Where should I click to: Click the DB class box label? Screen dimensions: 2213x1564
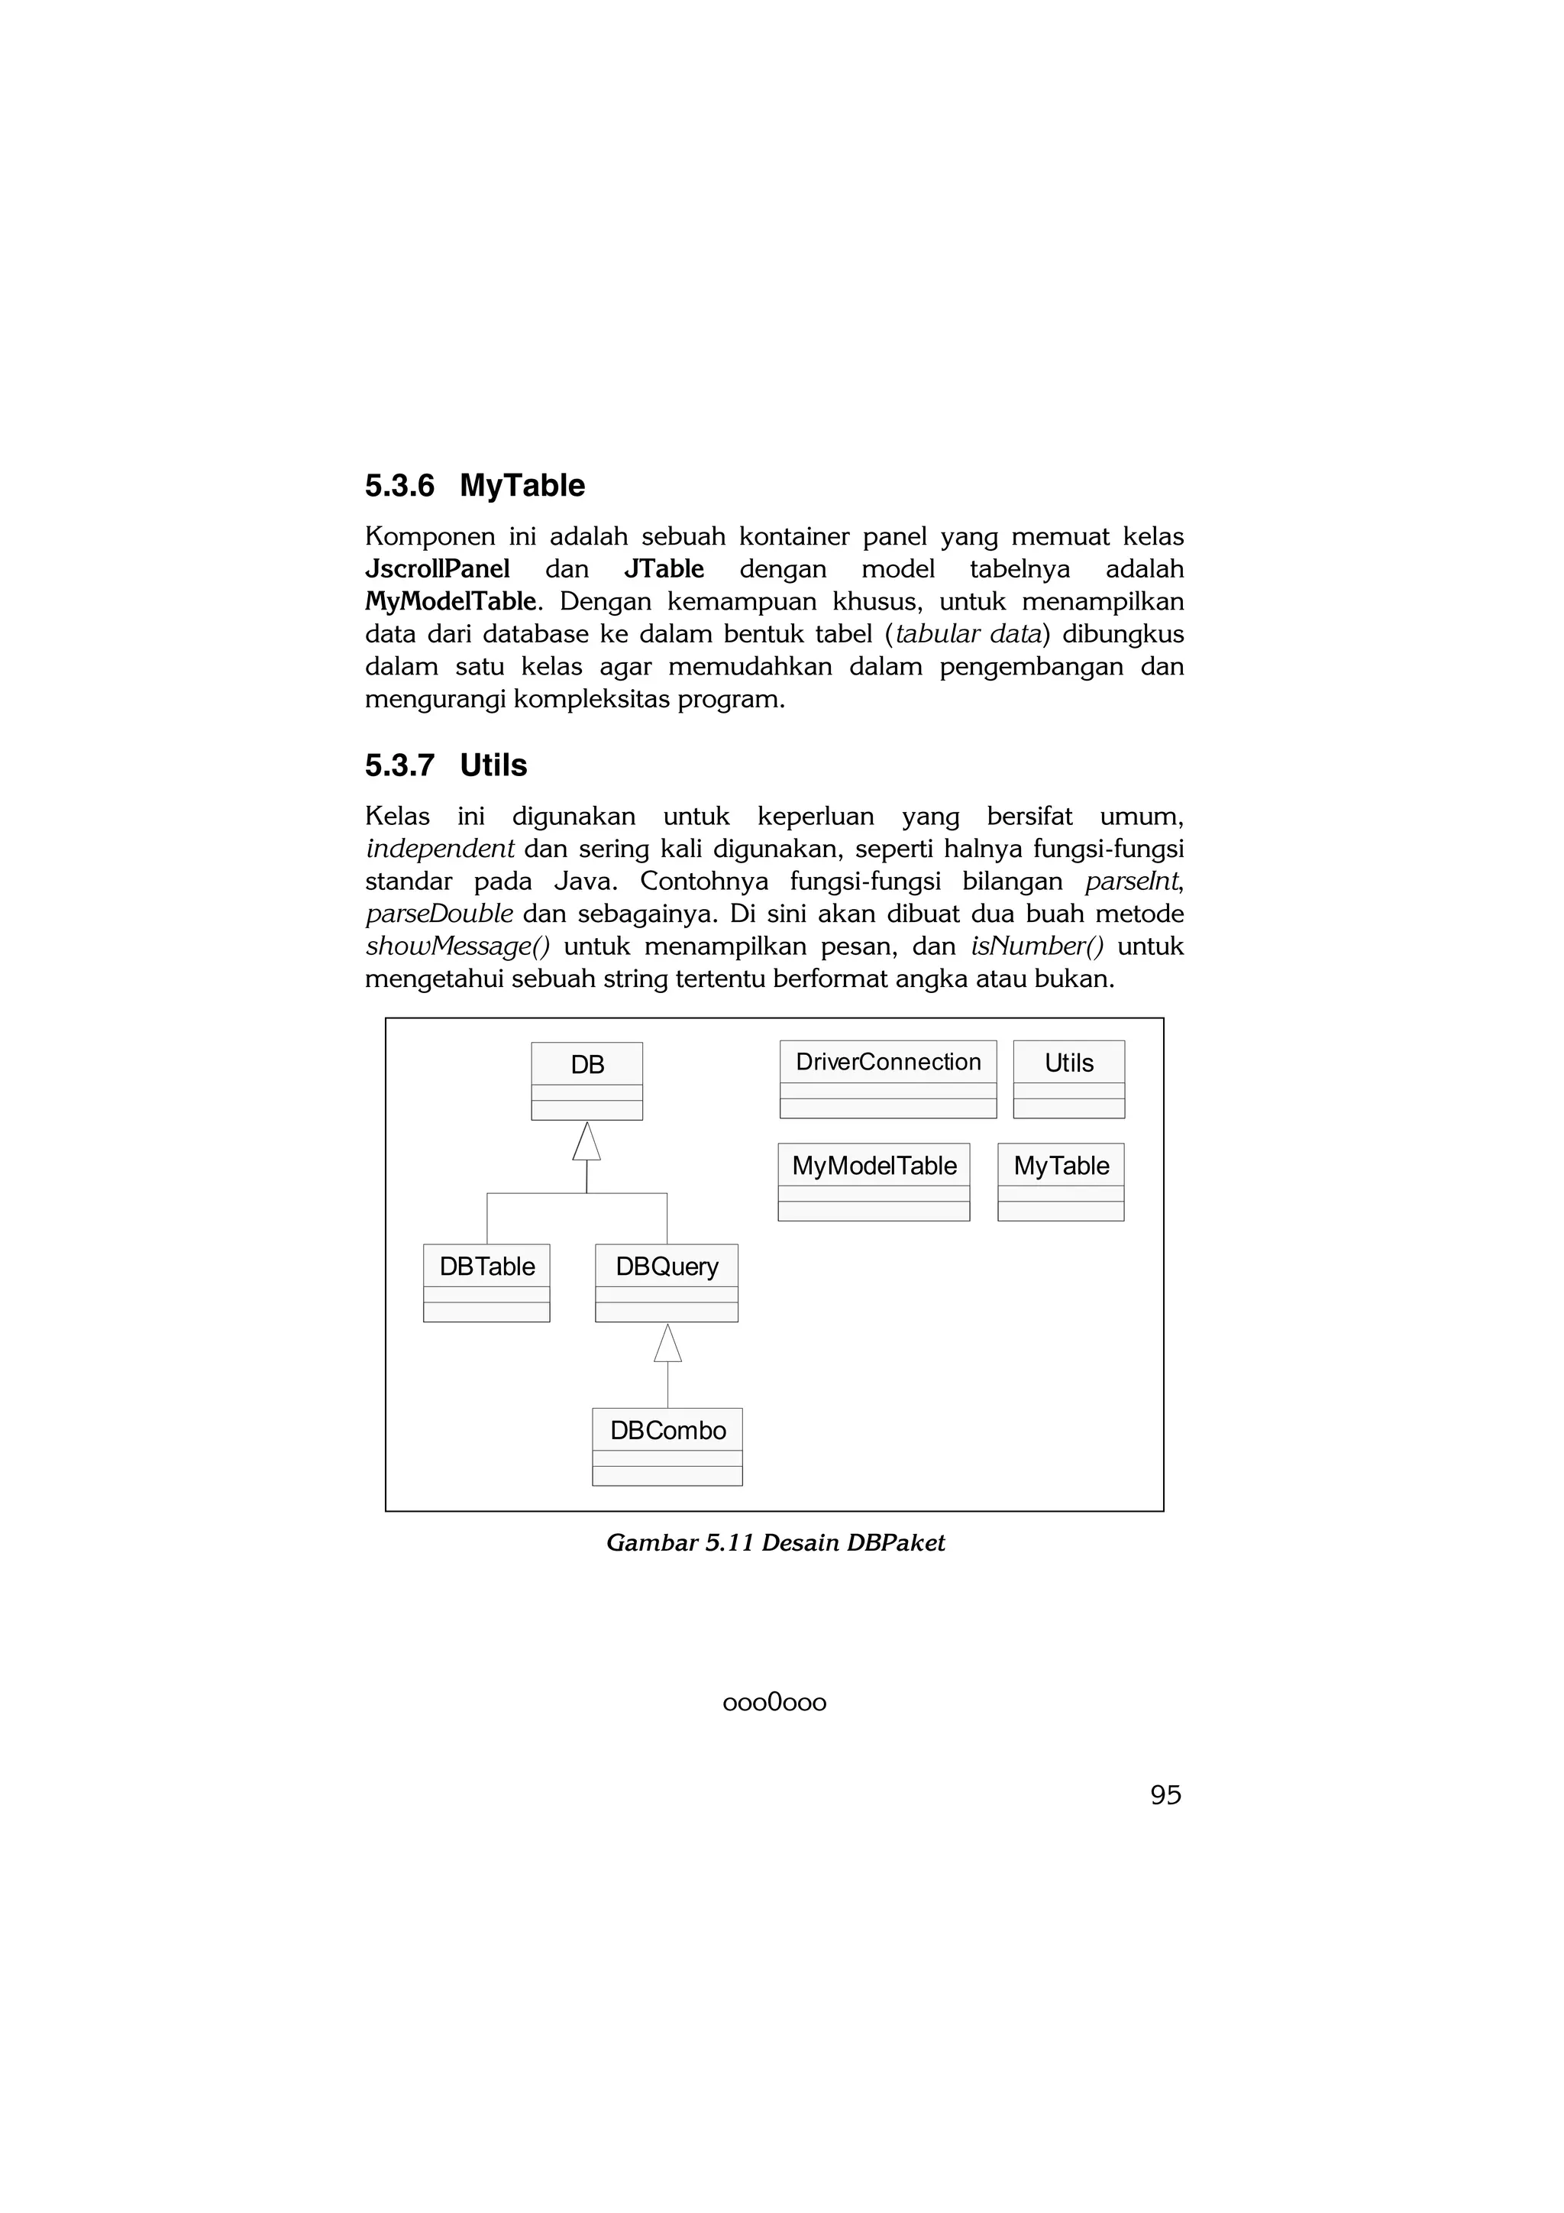pyautogui.click(x=586, y=1064)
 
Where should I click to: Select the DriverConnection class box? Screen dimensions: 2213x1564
pyautogui.click(x=887, y=1079)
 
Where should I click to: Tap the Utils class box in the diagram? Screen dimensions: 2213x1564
pyautogui.click(x=1068, y=1079)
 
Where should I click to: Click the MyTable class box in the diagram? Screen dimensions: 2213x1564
pyautogui.click(x=1061, y=1182)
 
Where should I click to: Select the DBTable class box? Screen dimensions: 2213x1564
pyautogui.click(x=486, y=1282)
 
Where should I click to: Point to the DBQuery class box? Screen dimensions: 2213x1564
pyautogui.click(x=667, y=1282)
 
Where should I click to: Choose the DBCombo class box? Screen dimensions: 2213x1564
pyautogui.click(x=667, y=1446)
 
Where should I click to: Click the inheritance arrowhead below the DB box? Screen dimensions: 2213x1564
pyautogui.click(x=586, y=1142)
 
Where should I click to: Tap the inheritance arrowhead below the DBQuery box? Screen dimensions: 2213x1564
pyautogui.click(x=667, y=1344)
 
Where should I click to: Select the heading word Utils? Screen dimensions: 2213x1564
pyautogui.click(x=493, y=765)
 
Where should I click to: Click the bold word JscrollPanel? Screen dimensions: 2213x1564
pyautogui.click(x=438, y=568)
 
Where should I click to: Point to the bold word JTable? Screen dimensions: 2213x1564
pyautogui.click(x=664, y=568)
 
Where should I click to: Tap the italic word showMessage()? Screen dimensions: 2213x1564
pyautogui.click(x=457, y=946)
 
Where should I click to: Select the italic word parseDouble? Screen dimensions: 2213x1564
pyautogui.click(x=439, y=914)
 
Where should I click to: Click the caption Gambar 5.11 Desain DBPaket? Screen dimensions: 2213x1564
pyautogui.click(x=775, y=1543)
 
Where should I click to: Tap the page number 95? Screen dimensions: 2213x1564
pyautogui.click(x=1165, y=1794)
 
